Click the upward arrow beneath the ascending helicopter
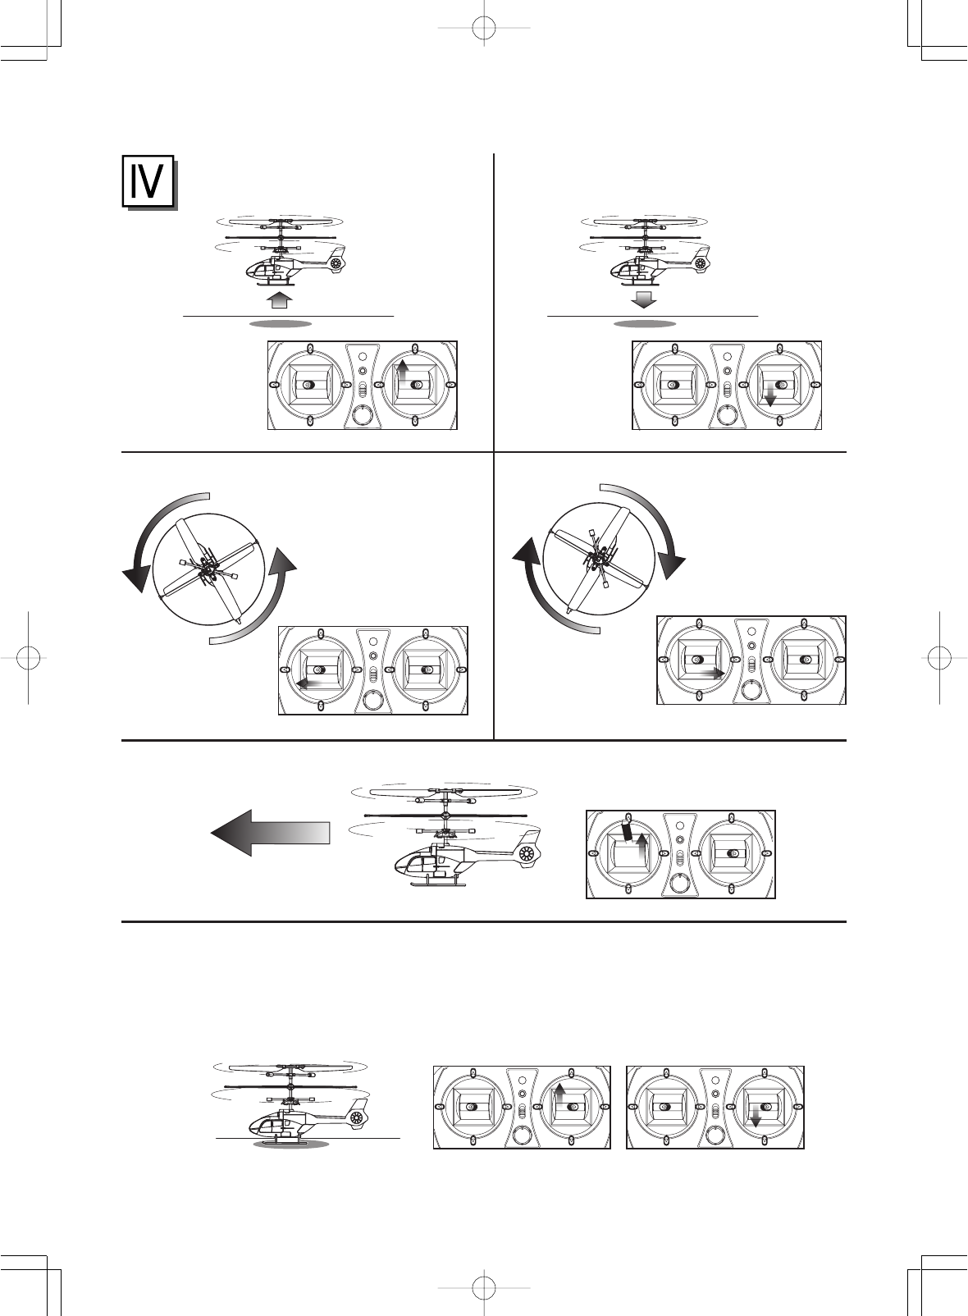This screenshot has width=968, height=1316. tap(281, 299)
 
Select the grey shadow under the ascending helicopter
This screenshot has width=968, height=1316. tap(281, 323)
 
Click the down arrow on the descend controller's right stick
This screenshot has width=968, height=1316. tap(769, 398)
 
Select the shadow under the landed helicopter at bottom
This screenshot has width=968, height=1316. tap(291, 1144)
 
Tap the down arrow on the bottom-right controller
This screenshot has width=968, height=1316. tap(756, 1120)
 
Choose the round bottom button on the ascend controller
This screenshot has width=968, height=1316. tap(362, 416)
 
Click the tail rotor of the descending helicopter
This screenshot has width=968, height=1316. tap(701, 263)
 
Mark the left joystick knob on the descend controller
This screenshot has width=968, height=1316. tap(673, 385)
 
